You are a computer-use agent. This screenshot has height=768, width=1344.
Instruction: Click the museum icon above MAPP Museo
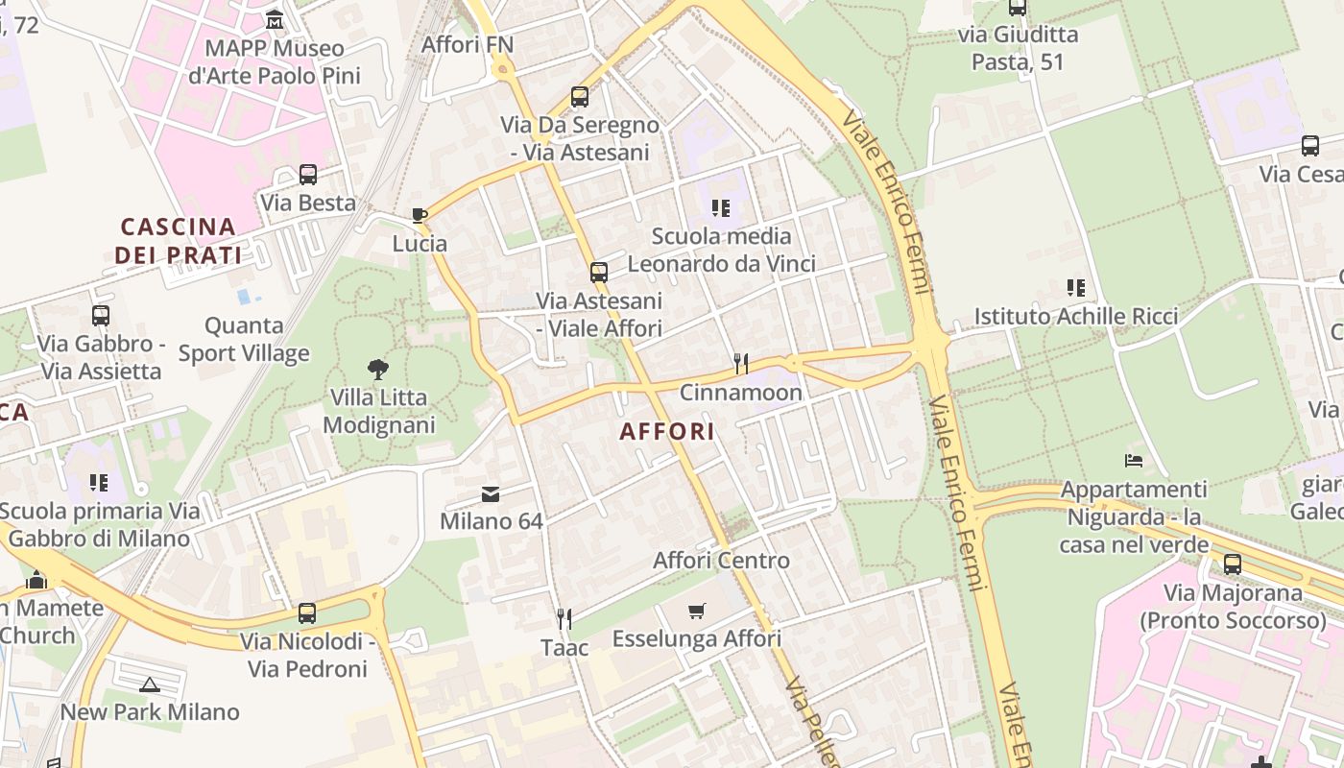[275, 19]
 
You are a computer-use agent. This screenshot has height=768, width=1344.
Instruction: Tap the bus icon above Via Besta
[308, 175]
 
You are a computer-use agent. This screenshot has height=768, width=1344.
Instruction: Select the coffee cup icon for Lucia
[420, 215]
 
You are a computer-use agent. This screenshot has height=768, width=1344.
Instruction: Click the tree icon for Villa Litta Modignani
[379, 369]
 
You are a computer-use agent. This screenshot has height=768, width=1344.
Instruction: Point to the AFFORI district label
[667, 431]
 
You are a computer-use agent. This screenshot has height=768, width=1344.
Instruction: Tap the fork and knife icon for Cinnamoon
[740, 363]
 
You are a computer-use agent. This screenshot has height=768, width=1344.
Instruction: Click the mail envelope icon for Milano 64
[491, 494]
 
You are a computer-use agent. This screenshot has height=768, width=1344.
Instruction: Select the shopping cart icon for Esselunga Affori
[697, 611]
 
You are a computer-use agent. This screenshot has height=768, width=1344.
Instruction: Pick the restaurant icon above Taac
[564, 618]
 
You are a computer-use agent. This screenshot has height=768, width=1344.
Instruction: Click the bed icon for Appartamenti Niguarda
[1134, 461]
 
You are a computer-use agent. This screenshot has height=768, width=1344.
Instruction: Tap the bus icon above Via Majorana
[1233, 564]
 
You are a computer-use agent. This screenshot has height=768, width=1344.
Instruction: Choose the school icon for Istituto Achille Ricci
[1076, 287]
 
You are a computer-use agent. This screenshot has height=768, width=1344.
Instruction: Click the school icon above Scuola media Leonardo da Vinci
[721, 207]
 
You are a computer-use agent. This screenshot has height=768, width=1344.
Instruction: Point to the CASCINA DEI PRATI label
[178, 241]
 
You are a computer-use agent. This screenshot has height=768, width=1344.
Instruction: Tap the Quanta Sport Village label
[244, 340]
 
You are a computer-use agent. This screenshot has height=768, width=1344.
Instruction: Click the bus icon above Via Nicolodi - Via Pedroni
[307, 612]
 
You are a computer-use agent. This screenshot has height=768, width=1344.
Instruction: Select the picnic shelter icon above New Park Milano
[149, 684]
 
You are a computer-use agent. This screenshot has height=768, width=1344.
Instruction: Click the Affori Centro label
[721, 560]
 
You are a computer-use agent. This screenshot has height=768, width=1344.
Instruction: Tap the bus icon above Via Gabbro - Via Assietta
[101, 315]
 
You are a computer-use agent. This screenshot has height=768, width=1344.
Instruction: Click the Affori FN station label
[468, 44]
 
